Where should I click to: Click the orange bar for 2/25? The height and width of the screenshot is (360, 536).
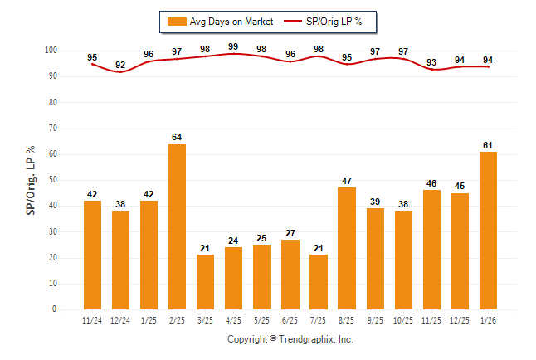point(177,226)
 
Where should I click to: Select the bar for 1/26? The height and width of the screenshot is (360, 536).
point(489,231)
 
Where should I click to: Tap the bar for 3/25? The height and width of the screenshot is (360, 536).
point(205,282)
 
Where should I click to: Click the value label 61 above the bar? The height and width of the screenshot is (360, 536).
point(489,145)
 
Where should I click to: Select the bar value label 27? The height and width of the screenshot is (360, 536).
point(290,233)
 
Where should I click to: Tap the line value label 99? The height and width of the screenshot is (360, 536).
point(233,47)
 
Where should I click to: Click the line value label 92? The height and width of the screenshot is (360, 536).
point(120,65)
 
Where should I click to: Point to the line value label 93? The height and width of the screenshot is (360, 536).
point(431,62)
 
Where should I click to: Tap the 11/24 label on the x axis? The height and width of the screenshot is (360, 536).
point(92,319)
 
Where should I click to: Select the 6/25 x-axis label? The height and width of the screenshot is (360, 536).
point(290,319)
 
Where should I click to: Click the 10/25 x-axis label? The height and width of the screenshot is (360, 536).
point(403,319)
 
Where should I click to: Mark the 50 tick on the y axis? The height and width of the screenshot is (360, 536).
point(53,180)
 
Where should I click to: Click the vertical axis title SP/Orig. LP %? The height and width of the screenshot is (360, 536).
point(31,180)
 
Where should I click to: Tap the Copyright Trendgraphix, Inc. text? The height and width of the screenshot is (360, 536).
point(290,339)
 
